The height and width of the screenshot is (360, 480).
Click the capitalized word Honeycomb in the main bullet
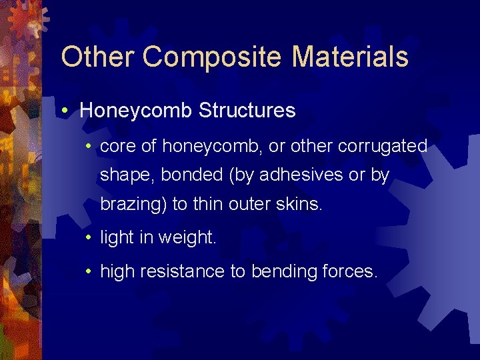136,111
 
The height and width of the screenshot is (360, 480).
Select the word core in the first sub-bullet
117,146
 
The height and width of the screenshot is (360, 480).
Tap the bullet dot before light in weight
90,238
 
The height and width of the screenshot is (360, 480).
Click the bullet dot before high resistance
90,271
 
